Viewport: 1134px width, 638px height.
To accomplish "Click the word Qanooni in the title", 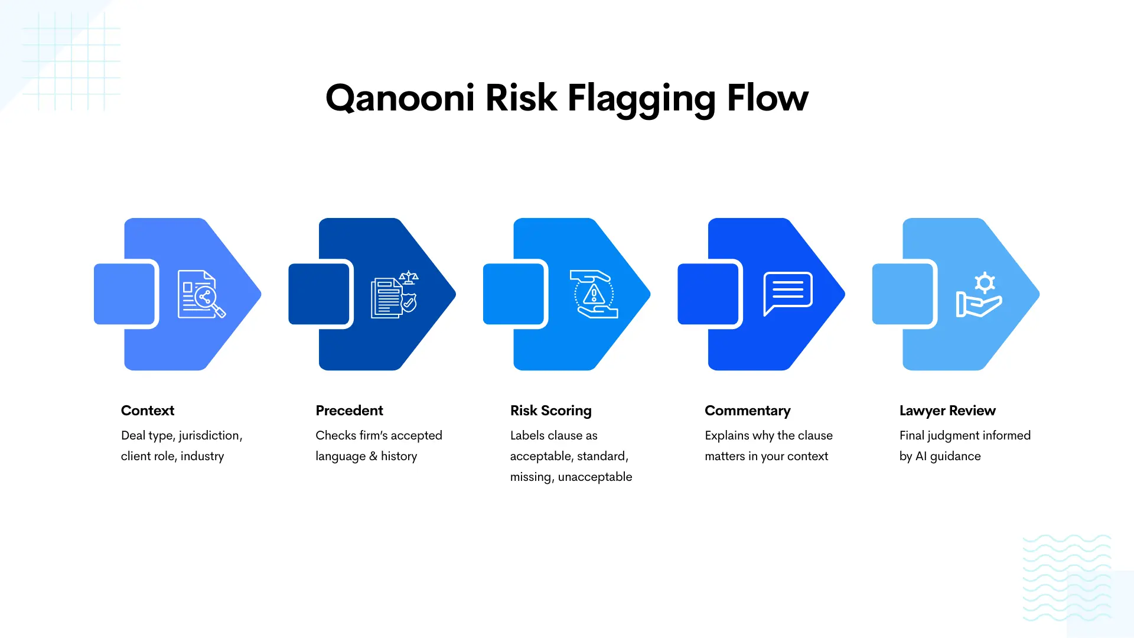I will (x=400, y=98).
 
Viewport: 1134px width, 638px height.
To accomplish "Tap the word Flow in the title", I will (x=767, y=98).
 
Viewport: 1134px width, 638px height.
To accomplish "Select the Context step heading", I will (x=148, y=411).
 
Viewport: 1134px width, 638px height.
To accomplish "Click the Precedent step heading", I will (x=349, y=411).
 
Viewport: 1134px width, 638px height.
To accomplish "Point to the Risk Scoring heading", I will (x=550, y=411).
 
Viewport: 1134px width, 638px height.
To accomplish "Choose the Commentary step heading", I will (x=747, y=411).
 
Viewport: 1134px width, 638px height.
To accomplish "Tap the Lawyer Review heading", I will (x=947, y=411).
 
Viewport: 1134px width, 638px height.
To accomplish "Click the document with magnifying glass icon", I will (x=201, y=294).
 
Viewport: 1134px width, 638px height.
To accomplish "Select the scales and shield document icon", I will (x=395, y=294).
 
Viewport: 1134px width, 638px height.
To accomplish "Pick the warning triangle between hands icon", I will (x=594, y=294).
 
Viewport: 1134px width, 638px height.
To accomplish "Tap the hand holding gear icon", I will (x=979, y=295).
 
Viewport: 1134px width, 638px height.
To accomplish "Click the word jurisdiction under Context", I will (x=210, y=436).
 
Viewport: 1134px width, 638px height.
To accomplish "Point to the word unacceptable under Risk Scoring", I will (x=595, y=477).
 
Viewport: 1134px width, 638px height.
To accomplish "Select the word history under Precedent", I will (x=399, y=457).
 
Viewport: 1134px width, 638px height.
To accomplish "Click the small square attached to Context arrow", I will (x=125, y=294).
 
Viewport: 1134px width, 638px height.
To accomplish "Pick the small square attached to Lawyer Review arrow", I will (x=903, y=294).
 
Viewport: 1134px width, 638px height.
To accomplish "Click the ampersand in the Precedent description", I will (x=373, y=457).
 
